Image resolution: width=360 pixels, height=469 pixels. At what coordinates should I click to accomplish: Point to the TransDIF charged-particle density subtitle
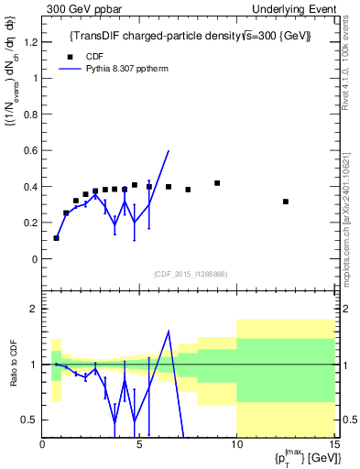point(191,36)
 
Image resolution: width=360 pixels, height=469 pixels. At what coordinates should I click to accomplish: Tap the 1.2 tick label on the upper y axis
point(30,42)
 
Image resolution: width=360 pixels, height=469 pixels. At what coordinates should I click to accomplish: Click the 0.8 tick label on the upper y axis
point(30,115)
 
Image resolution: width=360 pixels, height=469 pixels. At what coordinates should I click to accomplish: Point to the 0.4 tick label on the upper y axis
point(30,187)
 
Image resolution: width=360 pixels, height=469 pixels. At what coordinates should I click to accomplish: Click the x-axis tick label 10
point(236,446)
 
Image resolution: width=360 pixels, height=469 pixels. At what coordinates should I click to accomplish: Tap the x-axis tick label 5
point(139,446)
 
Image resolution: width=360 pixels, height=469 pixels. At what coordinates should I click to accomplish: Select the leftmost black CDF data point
point(57,238)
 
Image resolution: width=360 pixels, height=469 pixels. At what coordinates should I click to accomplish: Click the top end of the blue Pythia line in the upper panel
point(169,151)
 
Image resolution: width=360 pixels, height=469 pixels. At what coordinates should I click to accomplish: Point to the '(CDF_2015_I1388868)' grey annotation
point(190,274)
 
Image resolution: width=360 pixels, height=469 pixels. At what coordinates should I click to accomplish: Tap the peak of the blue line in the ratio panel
point(169,332)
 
